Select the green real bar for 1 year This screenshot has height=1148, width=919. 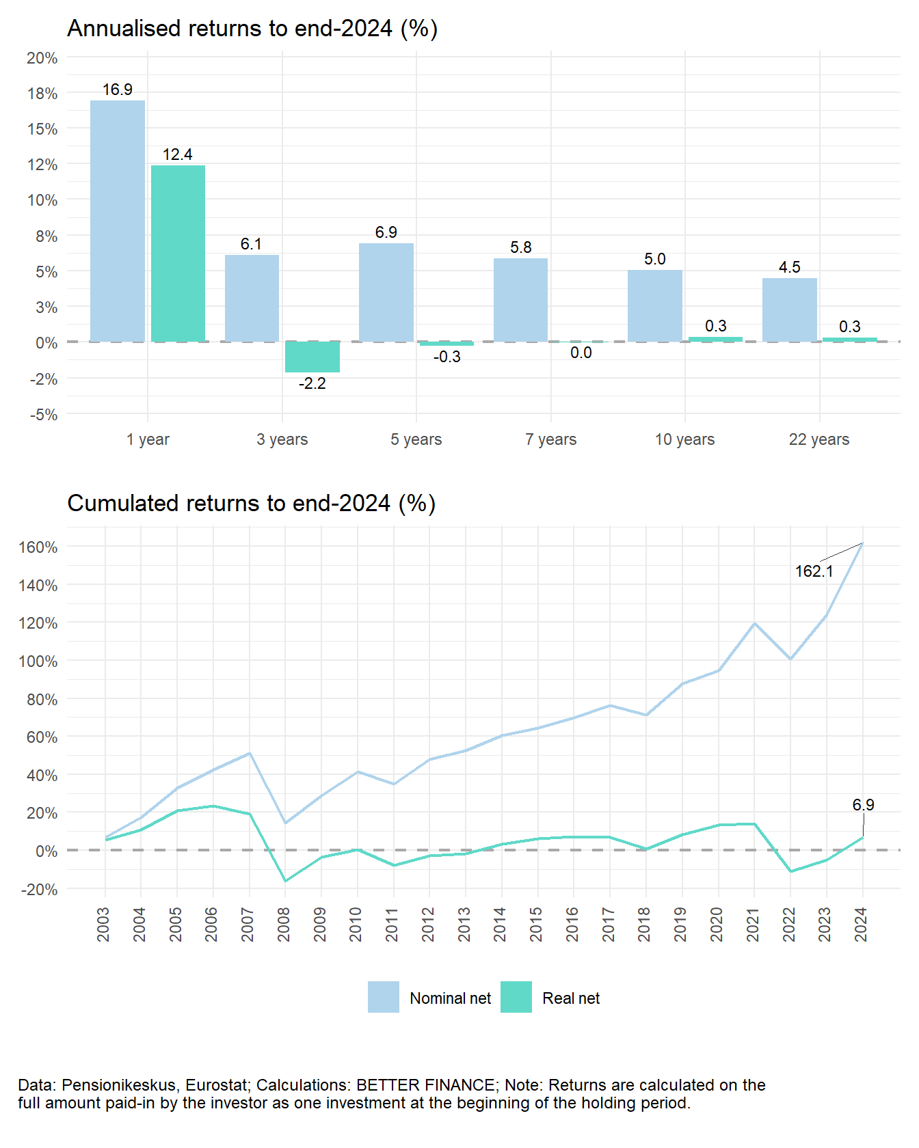point(178,253)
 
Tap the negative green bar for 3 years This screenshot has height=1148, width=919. point(312,357)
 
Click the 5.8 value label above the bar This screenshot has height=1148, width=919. point(521,247)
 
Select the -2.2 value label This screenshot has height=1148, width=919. point(312,384)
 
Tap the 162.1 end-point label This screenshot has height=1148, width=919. point(814,571)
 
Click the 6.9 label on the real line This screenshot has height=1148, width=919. point(863,805)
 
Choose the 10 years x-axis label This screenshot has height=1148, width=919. point(684,439)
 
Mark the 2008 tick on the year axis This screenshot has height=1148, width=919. point(283,924)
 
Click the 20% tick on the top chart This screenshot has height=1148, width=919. point(42,58)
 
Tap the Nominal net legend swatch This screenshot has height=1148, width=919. point(383,997)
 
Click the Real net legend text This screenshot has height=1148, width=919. point(570,998)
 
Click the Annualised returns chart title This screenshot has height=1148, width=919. point(252,29)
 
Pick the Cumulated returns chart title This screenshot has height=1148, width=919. point(251,504)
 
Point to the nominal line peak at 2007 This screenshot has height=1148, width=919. point(250,753)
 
